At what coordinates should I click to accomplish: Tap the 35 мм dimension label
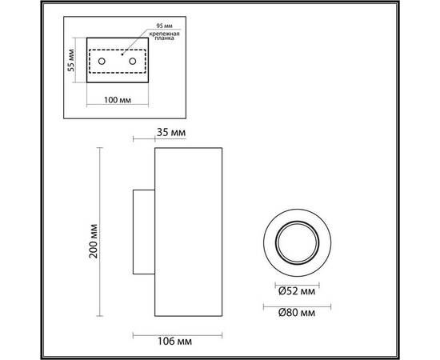point(173,131)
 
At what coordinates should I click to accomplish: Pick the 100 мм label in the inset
point(117,100)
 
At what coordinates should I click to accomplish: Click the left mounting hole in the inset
point(101,61)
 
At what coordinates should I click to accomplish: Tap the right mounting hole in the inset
point(132,61)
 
